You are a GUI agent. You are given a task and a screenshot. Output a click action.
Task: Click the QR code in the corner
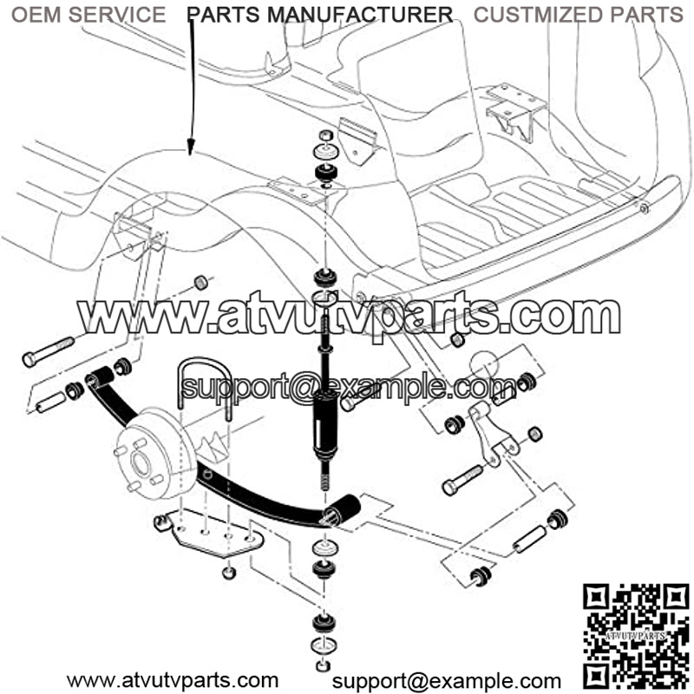pyautogui.click(x=636, y=638)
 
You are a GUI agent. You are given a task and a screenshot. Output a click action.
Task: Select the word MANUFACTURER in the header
pyautogui.click(x=360, y=15)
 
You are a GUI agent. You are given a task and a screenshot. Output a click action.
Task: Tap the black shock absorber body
pyautogui.click(x=324, y=423)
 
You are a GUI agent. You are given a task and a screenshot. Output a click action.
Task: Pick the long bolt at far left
pyautogui.click(x=49, y=352)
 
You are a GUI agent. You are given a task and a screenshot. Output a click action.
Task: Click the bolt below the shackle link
pyautogui.click(x=462, y=481)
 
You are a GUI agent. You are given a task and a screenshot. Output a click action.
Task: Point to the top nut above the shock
pyautogui.click(x=326, y=135)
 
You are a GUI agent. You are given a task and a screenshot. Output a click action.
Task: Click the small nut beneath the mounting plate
pyautogui.click(x=229, y=573)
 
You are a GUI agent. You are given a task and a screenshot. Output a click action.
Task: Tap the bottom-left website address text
pyautogui.click(x=173, y=681)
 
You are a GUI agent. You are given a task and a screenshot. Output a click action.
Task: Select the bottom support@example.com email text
pyautogui.click(x=446, y=681)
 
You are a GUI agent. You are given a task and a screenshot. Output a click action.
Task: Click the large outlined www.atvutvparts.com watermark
pyautogui.click(x=350, y=315)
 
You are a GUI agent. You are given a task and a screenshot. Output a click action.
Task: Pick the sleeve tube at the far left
pyautogui.click(x=51, y=402)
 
